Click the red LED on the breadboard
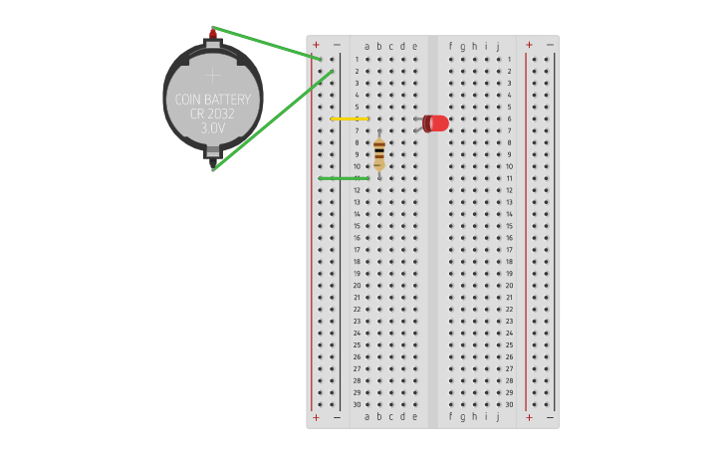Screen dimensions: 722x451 point(436,122)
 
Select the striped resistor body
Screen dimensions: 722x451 point(379,153)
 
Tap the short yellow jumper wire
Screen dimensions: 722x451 point(349,118)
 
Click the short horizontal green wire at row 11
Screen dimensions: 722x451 point(344,178)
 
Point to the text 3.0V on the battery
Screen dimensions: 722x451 point(213,128)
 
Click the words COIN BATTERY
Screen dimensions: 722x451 point(213,100)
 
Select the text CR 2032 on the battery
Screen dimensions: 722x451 point(213,114)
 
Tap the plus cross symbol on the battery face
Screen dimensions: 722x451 point(212,74)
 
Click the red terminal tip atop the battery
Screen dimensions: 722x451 point(212,33)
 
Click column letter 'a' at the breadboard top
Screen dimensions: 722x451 point(367,46)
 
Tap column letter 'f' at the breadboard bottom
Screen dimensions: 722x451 point(450,416)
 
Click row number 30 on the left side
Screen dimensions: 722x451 point(357,404)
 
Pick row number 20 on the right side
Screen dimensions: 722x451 point(509,286)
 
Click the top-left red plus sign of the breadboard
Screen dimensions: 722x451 point(316,45)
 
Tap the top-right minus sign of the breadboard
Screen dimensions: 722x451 point(550,45)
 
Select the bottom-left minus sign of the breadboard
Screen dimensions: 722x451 point(337,417)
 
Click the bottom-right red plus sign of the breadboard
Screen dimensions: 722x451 point(529,417)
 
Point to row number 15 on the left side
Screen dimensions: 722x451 point(357,226)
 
